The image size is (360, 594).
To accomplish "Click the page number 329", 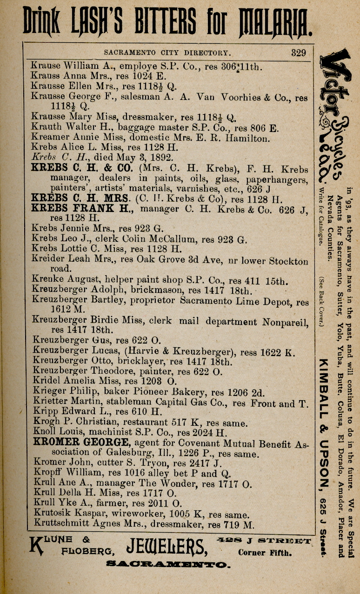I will tap(299, 53).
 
